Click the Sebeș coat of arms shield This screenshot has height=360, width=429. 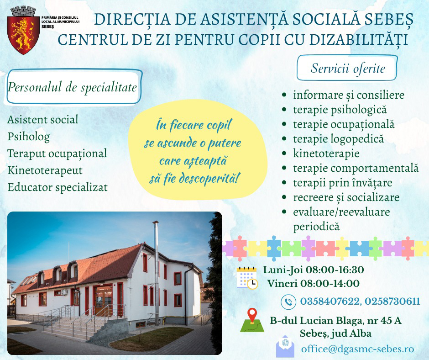[x=23, y=35]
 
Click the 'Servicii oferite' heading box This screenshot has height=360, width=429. [x=347, y=68]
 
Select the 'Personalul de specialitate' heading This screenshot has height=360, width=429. [x=72, y=87]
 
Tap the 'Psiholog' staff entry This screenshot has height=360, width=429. [x=29, y=137]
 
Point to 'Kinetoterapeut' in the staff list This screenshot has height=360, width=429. [x=45, y=170]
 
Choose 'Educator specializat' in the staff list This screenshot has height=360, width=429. [x=58, y=187]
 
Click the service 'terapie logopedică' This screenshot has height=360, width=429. [x=339, y=139]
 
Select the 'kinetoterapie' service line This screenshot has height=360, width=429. [x=326, y=154]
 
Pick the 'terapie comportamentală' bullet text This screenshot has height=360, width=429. [x=356, y=168]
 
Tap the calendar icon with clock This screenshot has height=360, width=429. [x=247, y=278]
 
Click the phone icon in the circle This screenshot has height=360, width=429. [x=288, y=302]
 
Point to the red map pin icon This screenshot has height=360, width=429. [x=252, y=316]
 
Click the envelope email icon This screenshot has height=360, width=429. [x=285, y=347]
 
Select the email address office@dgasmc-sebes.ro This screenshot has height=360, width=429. [x=358, y=349]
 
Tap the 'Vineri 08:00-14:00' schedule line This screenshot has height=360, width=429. [x=313, y=283]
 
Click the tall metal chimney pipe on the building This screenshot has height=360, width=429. [x=156, y=271]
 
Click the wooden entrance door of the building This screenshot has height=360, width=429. [x=103, y=301]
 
